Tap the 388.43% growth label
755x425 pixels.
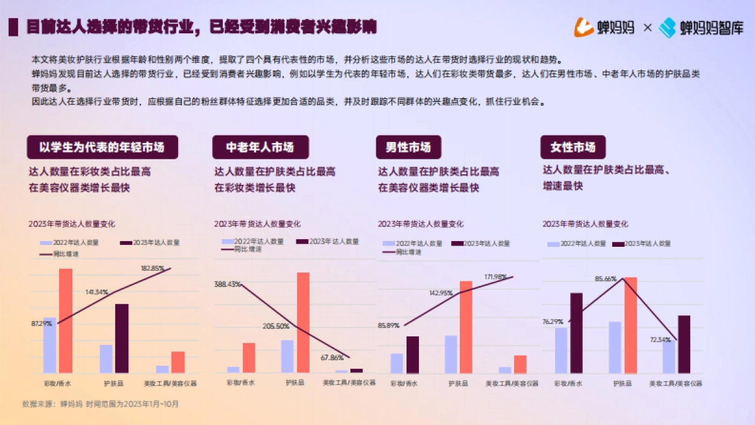point(227,284)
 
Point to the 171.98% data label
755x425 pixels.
point(496,277)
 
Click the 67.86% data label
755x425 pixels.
point(332,358)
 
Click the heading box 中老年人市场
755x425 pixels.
point(260,147)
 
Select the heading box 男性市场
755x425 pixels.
point(408,147)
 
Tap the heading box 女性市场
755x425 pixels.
point(573,147)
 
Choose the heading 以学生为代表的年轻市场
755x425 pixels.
point(102,147)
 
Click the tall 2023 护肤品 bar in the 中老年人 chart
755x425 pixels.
point(303,322)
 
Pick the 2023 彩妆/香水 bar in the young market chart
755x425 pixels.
point(65,320)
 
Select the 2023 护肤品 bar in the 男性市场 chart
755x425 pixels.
point(466,327)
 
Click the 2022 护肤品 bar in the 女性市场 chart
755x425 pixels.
point(615,348)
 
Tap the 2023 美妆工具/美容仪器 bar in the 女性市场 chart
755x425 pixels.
point(684,344)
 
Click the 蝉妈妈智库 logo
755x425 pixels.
point(701,28)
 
